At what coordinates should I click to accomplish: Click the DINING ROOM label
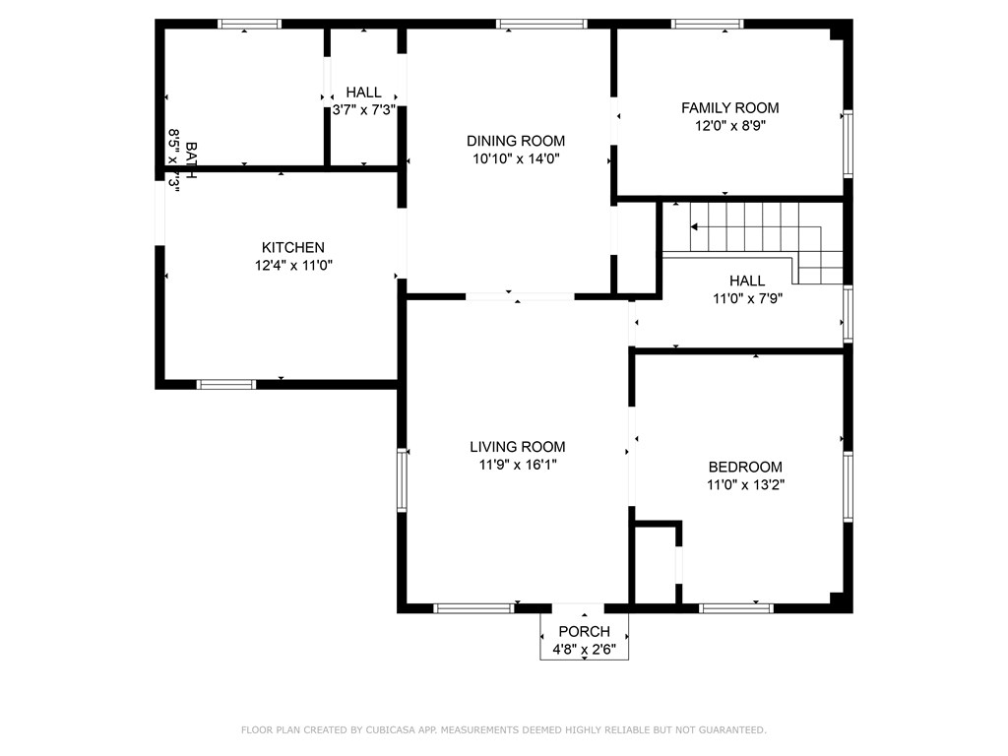click(516, 141)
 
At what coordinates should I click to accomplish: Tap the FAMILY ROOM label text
click(729, 108)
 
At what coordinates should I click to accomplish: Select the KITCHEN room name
click(292, 247)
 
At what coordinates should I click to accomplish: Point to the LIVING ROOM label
click(517, 447)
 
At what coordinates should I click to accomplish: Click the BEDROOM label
click(745, 467)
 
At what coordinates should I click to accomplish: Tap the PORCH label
click(584, 631)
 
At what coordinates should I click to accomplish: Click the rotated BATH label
click(190, 160)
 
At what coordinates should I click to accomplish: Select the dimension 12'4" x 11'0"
click(292, 265)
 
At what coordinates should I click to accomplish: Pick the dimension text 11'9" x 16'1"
click(517, 465)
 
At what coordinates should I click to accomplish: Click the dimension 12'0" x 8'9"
click(729, 126)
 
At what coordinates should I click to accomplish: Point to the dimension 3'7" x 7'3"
click(364, 110)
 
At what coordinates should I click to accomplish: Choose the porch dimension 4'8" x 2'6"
click(584, 649)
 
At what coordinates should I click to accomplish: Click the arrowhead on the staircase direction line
click(694, 226)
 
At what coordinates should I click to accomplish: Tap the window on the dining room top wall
click(541, 24)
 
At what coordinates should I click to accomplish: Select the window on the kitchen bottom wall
click(226, 384)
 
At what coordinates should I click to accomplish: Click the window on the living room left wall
click(402, 479)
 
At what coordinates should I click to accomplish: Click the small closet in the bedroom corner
click(654, 563)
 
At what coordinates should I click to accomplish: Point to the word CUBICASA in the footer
click(406, 730)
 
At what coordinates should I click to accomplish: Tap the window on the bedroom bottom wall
click(736, 608)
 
